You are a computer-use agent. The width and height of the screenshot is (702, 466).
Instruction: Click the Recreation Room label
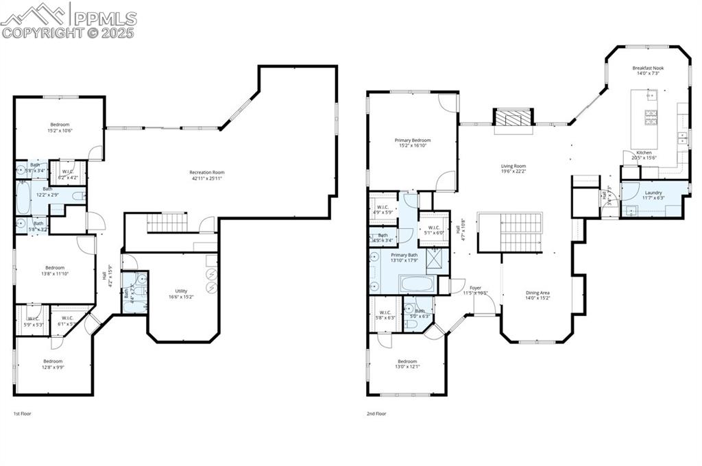pyautogui.click(x=207, y=175)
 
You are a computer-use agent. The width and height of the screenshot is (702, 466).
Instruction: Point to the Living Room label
pyautogui.click(x=513, y=169)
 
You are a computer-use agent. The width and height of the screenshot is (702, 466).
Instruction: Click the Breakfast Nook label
pyautogui.click(x=648, y=71)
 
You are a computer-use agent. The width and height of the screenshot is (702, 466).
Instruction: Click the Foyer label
pyautogui.click(x=475, y=291)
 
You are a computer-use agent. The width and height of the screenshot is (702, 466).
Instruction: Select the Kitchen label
pyautogui.click(x=644, y=155)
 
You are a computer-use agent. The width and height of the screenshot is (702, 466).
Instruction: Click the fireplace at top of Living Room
pyautogui.click(x=513, y=118)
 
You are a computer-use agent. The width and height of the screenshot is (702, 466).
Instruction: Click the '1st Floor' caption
pyautogui.click(x=22, y=414)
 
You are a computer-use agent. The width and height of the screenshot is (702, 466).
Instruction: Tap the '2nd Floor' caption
pyautogui.click(x=376, y=414)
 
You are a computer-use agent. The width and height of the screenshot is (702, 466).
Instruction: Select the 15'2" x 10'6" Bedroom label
pyautogui.click(x=60, y=127)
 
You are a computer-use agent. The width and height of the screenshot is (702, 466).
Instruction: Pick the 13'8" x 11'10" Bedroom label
pyautogui.click(x=55, y=271)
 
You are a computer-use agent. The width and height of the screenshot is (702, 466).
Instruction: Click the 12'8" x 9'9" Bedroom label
pyautogui.click(x=53, y=364)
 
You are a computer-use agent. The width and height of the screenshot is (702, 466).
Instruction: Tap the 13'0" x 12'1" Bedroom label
pyautogui.click(x=407, y=364)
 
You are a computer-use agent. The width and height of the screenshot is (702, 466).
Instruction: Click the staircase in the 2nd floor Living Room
pyautogui.click(x=510, y=232)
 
